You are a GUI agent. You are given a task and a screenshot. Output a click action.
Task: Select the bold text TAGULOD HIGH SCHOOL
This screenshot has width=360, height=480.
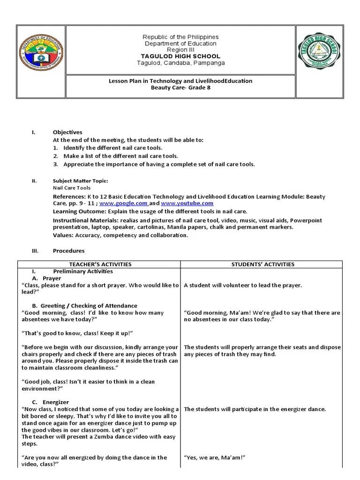pos(180,56)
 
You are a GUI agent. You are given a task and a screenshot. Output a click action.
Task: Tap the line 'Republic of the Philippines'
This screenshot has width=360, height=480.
pos(180,37)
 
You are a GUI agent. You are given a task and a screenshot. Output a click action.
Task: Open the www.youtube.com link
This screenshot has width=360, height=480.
pos(187,203)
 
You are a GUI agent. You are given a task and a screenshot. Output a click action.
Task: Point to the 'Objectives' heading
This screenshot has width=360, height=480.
pos(67,133)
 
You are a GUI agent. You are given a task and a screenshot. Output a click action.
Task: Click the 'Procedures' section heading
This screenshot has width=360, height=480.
pos(68,251)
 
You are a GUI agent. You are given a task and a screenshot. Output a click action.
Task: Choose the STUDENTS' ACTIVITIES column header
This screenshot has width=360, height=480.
pos(262,264)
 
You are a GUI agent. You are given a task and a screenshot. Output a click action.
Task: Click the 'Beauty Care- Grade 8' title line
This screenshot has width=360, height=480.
pos(180,88)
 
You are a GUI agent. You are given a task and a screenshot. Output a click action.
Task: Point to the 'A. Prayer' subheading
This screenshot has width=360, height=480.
pos(49,278)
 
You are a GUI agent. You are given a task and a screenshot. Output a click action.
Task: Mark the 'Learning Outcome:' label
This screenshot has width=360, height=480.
pos(79,211)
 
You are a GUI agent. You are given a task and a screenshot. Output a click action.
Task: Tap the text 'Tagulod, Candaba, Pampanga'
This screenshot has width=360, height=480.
pos(180,63)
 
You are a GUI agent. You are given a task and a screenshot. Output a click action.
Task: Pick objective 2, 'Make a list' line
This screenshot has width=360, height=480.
pos(120,156)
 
